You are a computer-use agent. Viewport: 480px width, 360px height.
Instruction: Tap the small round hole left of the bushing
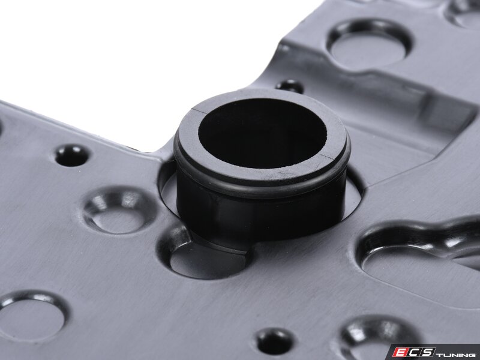73,155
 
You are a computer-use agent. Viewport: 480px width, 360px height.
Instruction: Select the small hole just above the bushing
290,86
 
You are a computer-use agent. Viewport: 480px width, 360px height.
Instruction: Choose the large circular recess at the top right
369,46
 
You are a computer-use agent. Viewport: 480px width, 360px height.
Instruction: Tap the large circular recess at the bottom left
32,316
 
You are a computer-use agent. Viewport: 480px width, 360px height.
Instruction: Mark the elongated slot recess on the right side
419,260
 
